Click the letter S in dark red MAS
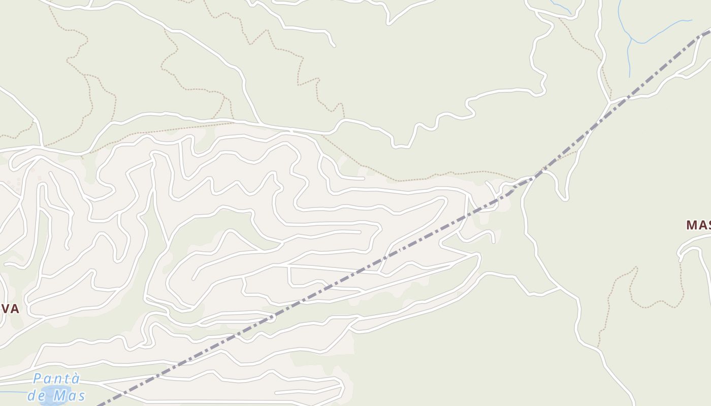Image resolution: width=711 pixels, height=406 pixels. tap(707, 225)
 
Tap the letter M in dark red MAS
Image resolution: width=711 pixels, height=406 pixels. tap(692, 225)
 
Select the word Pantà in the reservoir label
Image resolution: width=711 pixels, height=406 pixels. tap(56, 379)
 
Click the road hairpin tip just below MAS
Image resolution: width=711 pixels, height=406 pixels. tap(681, 259)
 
